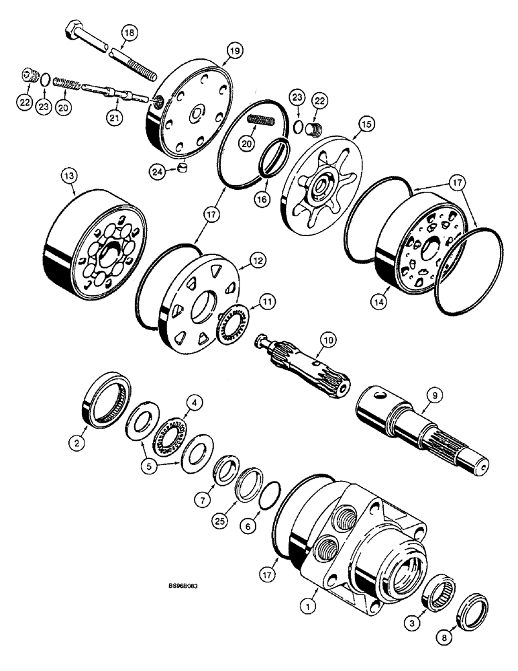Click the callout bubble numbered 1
(x=307, y=607)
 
